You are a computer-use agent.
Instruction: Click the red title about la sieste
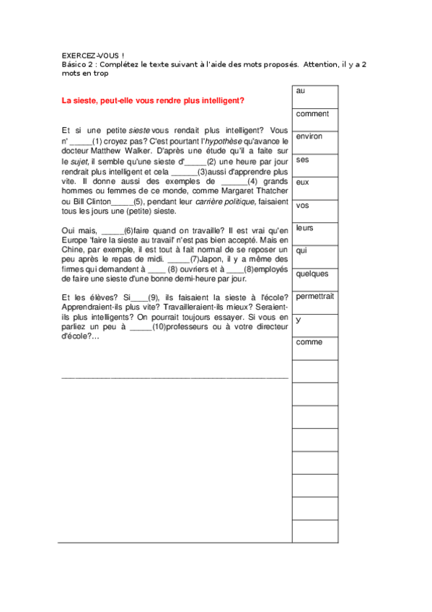pyautogui.click(x=153, y=100)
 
